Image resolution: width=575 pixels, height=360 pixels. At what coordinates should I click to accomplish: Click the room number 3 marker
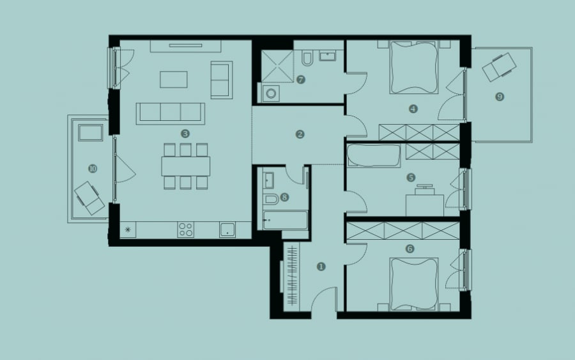(x=185, y=134)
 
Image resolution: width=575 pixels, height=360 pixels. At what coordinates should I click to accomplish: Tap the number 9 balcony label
(x=500, y=97)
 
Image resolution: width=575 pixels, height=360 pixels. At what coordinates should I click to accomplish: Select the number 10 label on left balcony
(x=93, y=168)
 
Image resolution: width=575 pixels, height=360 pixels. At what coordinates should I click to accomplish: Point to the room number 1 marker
(x=321, y=267)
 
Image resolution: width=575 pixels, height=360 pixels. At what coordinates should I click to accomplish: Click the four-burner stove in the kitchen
(x=185, y=230)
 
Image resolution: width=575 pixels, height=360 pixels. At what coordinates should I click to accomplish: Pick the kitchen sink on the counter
(x=227, y=230)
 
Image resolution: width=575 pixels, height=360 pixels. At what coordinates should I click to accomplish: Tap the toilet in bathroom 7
(x=307, y=59)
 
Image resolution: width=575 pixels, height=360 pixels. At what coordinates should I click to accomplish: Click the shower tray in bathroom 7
(x=277, y=66)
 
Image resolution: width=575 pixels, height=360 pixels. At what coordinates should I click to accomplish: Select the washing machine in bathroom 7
(x=271, y=93)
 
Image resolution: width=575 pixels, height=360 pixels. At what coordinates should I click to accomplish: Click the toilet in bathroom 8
(x=272, y=198)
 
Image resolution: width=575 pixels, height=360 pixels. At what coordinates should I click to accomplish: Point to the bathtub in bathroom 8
(x=285, y=220)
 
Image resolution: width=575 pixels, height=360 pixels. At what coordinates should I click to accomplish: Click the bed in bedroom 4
(x=414, y=67)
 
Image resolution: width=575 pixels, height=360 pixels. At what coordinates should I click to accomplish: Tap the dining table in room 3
(x=185, y=166)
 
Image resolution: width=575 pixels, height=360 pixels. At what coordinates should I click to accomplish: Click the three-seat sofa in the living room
(x=171, y=113)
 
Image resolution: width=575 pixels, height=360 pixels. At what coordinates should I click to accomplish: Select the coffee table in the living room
(x=173, y=79)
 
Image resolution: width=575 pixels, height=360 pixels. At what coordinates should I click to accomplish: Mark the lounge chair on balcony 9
(x=499, y=67)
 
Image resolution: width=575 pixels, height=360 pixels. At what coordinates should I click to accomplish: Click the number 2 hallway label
(x=300, y=134)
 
